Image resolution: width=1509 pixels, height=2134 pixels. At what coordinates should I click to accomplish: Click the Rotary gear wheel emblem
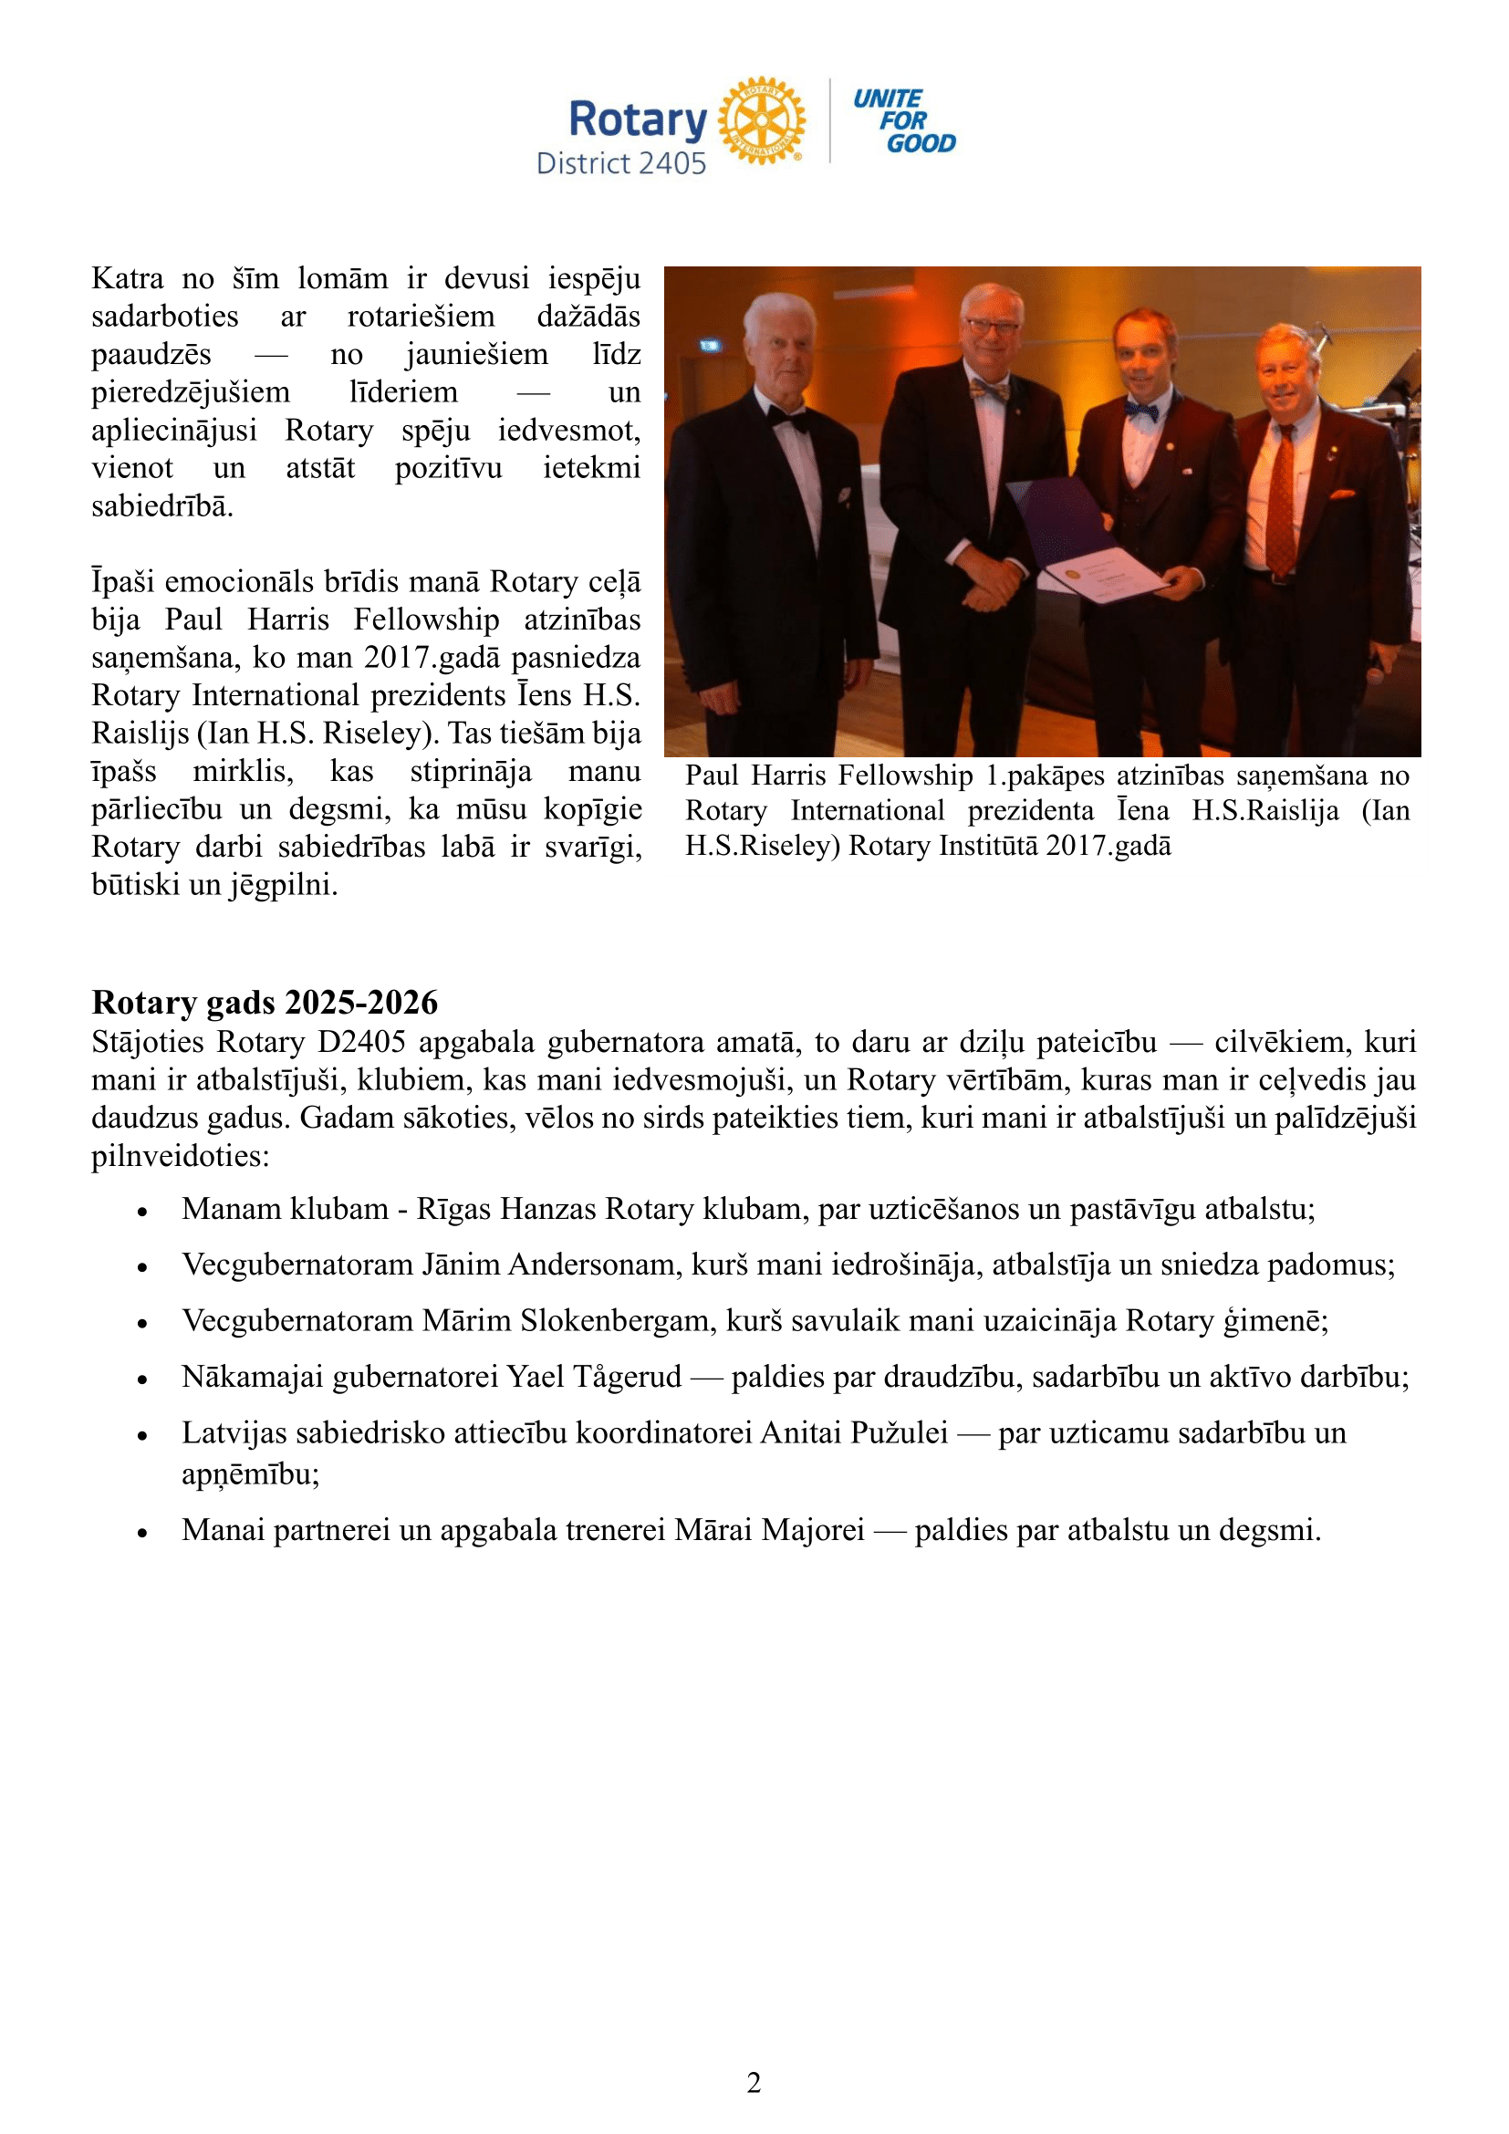pyautogui.click(x=762, y=120)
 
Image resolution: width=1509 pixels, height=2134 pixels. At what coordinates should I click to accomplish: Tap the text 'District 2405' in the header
pyautogui.click(x=620, y=163)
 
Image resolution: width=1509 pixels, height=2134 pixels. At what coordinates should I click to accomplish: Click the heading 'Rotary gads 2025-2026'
pyautogui.click(x=265, y=1003)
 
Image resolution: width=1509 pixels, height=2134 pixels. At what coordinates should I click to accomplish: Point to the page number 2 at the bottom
pyautogui.click(x=754, y=2083)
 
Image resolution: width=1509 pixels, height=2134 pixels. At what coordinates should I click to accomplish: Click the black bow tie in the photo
pyautogui.click(x=787, y=420)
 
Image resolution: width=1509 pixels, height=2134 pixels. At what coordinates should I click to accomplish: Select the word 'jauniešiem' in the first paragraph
pyautogui.click(x=476, y=354)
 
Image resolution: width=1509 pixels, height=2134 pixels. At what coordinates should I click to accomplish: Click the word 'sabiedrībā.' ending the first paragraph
pyautogui.click(x=162, y=506)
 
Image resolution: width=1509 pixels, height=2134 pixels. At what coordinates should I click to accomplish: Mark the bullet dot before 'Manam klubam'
pyautogui.click(x=142, y=1212)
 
